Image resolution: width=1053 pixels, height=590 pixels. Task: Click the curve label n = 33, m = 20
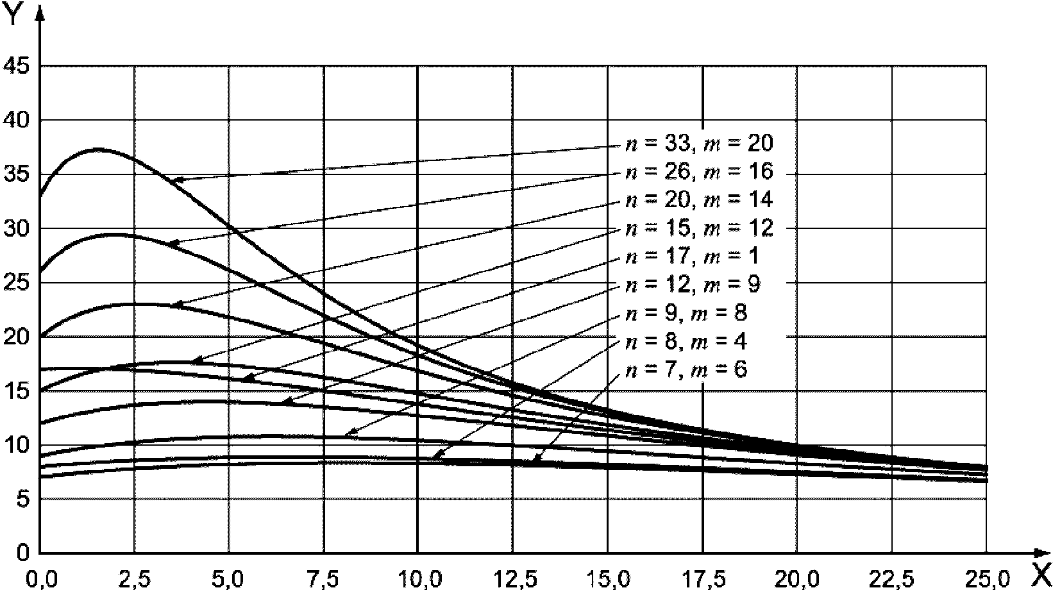coord(699,144)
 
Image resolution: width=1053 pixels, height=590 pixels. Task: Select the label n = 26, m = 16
coord(699,172)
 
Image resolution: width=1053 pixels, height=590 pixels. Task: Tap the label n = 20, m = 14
coord(699,200)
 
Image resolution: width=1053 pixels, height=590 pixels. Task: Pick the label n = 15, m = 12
coord(699,228)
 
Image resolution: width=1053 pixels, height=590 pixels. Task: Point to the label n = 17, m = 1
coord(692,257)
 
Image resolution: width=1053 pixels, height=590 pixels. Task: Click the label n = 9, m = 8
coord(686,313)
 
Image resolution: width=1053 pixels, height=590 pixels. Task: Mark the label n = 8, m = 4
coord(686,341)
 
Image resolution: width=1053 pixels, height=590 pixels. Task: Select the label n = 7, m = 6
coord(686,370)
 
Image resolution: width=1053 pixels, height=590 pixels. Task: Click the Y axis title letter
coord(13,15)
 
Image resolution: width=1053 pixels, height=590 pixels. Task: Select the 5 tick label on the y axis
coord(23,499)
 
